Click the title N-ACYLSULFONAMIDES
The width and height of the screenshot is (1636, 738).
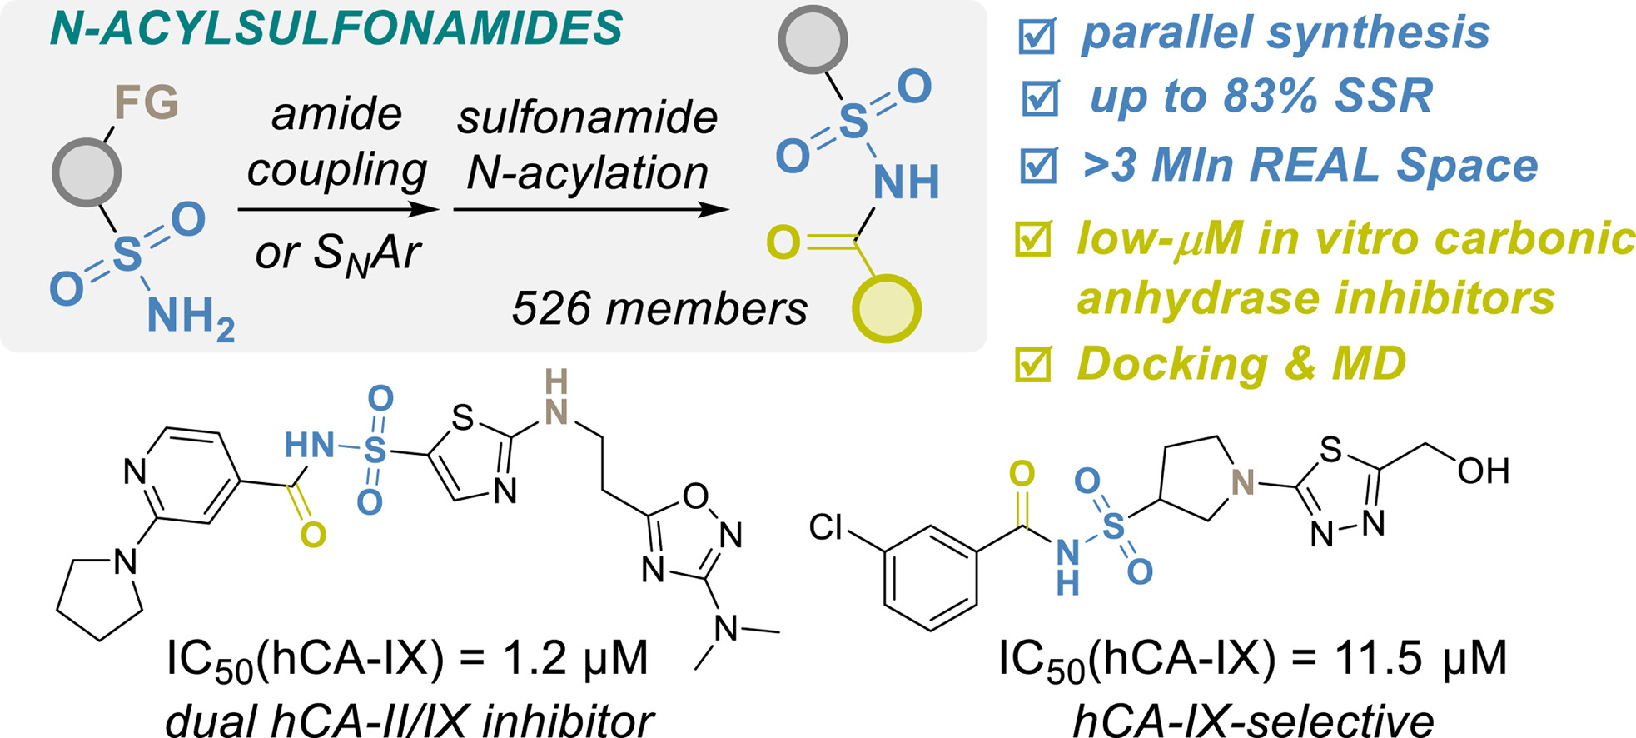[336, 29]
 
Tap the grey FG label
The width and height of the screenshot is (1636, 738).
[147, 103]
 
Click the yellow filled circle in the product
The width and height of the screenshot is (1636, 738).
[887, 308]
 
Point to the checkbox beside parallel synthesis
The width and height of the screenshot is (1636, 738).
[1037, 36]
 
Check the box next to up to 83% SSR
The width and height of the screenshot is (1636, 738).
[1040, 98]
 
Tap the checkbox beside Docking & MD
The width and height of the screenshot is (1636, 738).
[1034, 364]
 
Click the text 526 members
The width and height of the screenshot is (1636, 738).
[659, 309]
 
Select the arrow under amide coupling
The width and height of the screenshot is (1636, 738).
[337, 209]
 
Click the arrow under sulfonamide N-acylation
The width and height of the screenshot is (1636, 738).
[590, 209]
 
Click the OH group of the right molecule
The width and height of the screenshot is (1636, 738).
[1484, 471]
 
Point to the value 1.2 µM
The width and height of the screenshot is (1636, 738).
[574, 658]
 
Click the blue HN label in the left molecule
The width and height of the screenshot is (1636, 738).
[309, 446]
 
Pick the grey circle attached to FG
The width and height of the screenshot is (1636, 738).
[87, 172]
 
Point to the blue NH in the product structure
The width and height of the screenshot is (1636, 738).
[906, 182]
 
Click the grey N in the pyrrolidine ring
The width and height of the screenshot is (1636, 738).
[1242, 482]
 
